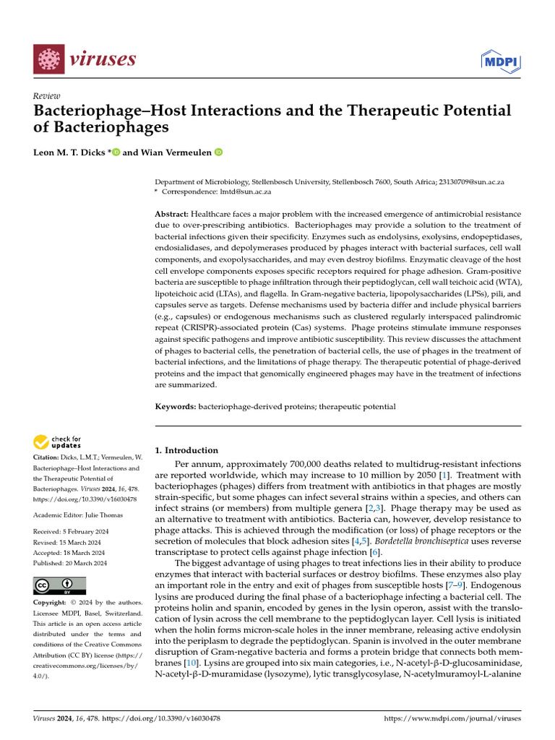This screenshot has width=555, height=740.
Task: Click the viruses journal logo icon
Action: point(48,59)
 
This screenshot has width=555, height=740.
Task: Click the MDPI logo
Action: point(500,61)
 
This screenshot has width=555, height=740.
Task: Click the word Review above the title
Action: point(47,96)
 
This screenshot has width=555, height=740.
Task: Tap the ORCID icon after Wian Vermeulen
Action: point(219,152)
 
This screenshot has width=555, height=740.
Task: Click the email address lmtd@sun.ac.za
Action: point(247,192)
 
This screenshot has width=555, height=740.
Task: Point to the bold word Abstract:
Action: point(172,215)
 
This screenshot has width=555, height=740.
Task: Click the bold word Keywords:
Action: point(176,407)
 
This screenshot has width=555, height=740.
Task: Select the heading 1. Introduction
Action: point(187,450)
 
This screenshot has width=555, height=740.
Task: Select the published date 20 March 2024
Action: point(86,563)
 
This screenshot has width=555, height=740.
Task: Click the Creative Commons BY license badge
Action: point(59,585)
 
